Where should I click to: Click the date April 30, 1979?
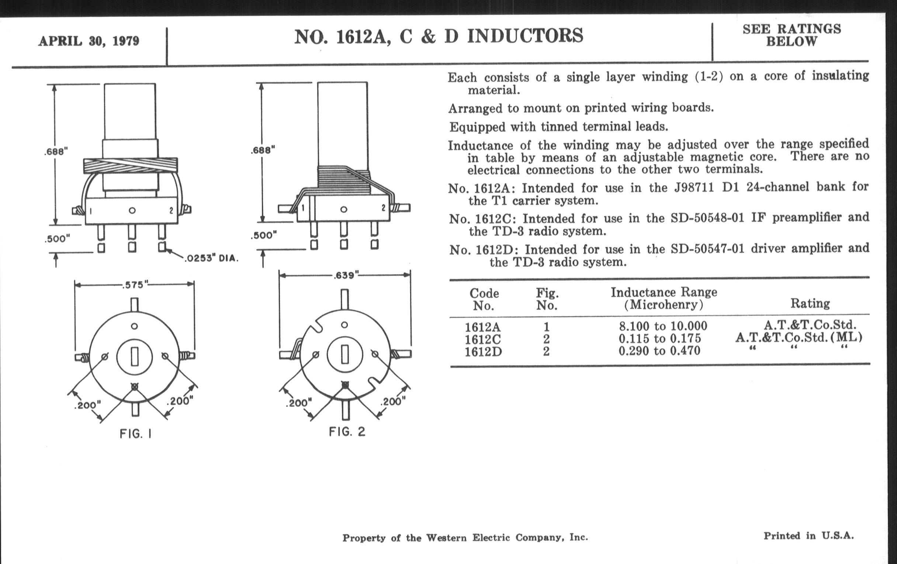[89, 41]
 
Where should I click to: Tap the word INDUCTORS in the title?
[525, 36]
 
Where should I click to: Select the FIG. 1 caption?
[136, 434]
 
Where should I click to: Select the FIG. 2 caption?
[347, 432]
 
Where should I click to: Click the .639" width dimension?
[346, 275]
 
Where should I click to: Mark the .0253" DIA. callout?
[211, 258]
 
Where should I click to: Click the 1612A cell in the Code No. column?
[482, 327]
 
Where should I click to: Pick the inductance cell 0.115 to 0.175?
[660, 338]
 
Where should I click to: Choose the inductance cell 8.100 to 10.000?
[663, 326]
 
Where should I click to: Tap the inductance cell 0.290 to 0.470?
[659, 351]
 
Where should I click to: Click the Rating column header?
[810, 303]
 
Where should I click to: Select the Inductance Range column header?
[664, 298]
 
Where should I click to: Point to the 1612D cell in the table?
[483, 351]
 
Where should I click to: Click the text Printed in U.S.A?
[808, 536]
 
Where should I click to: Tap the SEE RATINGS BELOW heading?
[792, 35]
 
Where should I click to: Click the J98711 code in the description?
[694, 187]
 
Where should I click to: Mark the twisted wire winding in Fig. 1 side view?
[130, 165]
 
